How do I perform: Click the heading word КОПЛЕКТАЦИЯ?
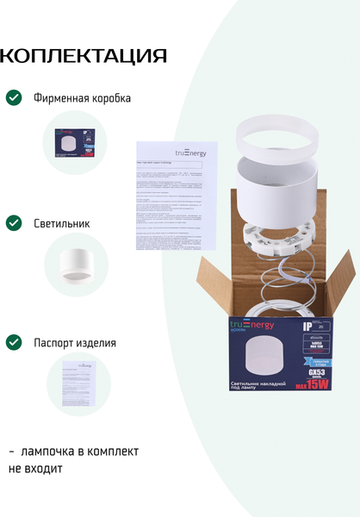84,57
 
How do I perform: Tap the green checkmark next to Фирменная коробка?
14,97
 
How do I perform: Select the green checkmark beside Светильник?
14,223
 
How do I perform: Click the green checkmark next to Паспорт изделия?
14,342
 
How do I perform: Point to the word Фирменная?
61,98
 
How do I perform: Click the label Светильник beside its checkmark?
62,223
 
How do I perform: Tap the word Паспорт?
54,342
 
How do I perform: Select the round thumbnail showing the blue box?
75,143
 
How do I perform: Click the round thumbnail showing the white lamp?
76,265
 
